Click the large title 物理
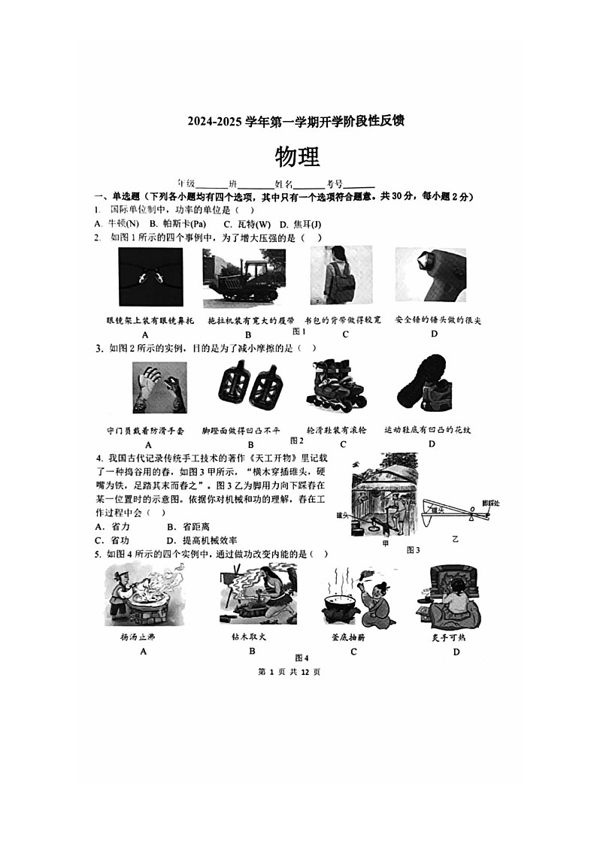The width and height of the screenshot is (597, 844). click(x=298, y=156)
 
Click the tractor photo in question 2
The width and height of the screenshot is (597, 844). click(x=238, y=278)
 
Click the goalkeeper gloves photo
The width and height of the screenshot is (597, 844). click(x=159, y=387)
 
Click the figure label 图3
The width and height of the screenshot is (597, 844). click(x=413, y=549)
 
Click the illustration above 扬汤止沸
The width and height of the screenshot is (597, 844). click(x=144, y=597)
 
